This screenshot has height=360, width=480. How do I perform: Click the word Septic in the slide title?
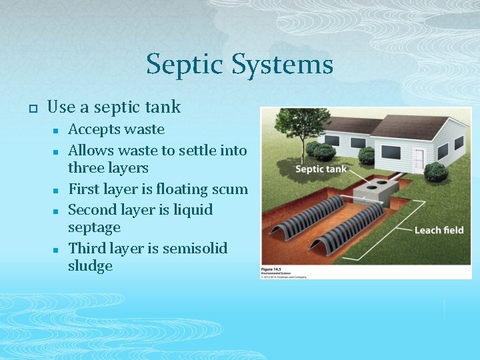[185, 65]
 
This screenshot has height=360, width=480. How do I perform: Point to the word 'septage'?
[94, 228]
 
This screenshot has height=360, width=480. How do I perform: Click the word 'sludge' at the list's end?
[90, 266]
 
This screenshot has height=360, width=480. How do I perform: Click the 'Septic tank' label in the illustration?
[321, 169]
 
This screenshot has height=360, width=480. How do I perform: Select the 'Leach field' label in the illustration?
[439, 230]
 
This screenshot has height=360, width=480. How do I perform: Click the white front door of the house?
[419, 161]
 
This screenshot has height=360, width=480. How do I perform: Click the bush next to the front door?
[436, 171]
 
